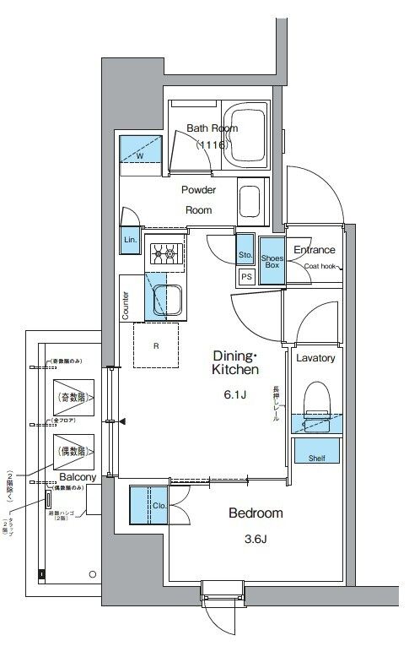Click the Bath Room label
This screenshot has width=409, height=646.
coord(212,128)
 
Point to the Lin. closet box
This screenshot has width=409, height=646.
coord(130,240)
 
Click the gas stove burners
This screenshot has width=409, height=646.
coord(165,252)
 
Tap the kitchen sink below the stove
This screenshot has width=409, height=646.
coord(166,301)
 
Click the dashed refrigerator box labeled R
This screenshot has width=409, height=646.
coord(157,345)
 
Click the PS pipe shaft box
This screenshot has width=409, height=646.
coord(246,277)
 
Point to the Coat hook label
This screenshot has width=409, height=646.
coord(320,266)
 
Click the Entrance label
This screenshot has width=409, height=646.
coord(314,250)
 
